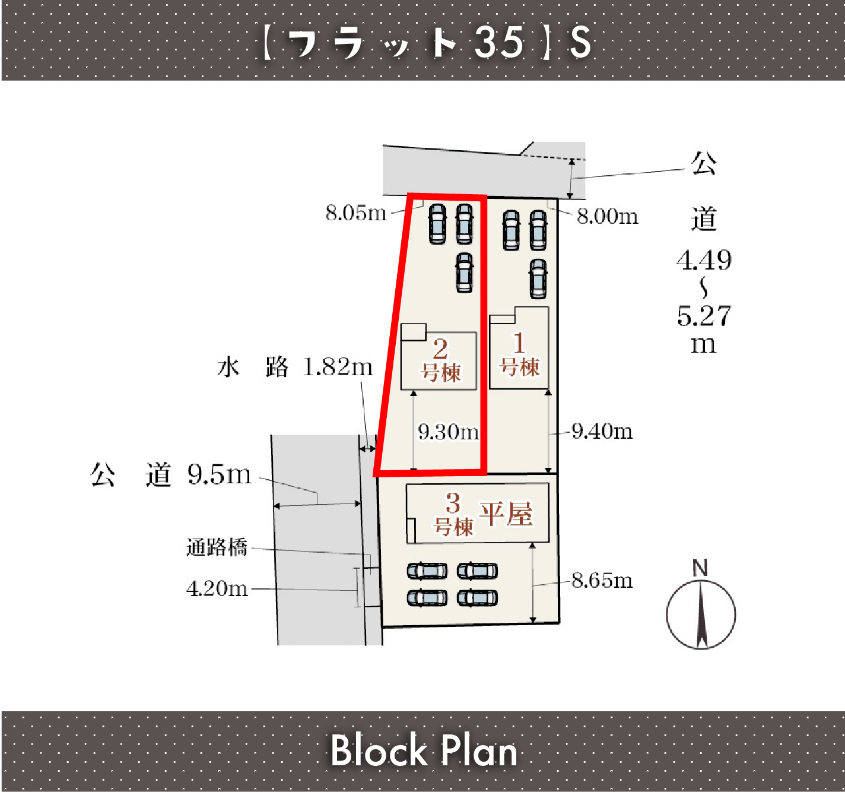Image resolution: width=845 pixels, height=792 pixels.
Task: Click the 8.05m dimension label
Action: click(355, 213)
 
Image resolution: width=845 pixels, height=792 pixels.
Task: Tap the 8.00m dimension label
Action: click(607, 216)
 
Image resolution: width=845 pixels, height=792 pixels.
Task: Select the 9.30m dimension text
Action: click(449, 432)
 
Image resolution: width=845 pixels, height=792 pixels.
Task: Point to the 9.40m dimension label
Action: click(602, 431)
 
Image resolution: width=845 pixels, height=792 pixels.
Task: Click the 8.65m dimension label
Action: click(602, 580)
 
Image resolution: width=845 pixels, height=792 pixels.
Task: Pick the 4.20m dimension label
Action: click(217, 589)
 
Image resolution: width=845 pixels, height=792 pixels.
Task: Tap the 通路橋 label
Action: click(217, 547)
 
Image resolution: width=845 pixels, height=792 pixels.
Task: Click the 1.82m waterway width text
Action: click(338, 367)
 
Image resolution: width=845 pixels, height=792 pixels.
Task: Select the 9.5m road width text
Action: click(219, 474)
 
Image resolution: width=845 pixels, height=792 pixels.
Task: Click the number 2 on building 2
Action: click(440, 349)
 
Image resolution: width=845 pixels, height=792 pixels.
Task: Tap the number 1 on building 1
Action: click(519, 343)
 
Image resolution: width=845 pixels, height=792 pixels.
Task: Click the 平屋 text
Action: click(506, 514)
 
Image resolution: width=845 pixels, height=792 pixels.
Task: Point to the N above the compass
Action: click(700, 568)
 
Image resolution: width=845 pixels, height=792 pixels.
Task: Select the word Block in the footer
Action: click(379, 750)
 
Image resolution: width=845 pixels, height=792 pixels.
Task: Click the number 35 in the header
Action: click(498, 42)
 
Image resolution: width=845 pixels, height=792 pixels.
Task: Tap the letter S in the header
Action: click(580, 42)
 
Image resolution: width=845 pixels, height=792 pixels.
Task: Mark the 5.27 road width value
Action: click(704, 316)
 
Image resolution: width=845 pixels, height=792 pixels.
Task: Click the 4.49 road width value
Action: click(704, 260)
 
